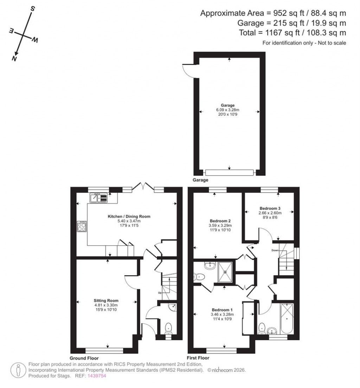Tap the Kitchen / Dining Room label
click(129, 216)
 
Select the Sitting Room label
click(106, 300)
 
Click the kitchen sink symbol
click(99, 198)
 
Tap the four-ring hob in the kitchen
click(82, 227)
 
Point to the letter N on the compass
click(14, 58)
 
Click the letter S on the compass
click(32, 8)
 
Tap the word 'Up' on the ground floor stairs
click(160, 292)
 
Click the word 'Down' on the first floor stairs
click(275, 250)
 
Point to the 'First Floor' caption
click(198, 358)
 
